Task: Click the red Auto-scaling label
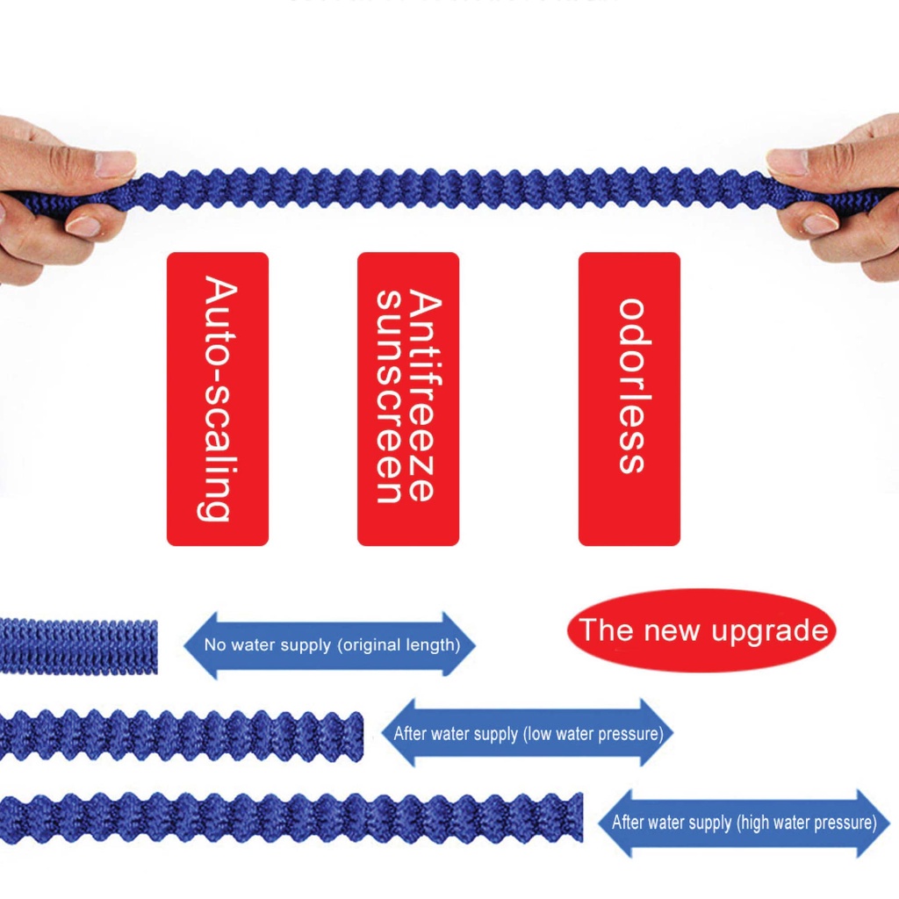coord(217,399)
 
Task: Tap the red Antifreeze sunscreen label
coord(407,399)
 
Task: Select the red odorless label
coord(629,399)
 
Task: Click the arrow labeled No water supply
coord(329,645)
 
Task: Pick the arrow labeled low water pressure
coord(528,733)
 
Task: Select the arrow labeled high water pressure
coord(744,823)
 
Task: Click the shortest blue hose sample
coord(78,646)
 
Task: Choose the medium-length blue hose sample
coord(180,736)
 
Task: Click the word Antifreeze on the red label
coord(424,399)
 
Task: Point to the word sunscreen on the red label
coord(389,399)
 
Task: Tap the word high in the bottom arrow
coord(760,823)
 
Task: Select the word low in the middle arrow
coord(540,733)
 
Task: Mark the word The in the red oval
coord(607,630)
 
